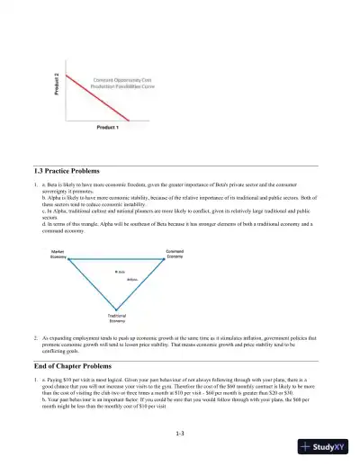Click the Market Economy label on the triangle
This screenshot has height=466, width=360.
pos(64,254)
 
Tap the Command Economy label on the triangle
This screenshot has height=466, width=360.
pos(176,254)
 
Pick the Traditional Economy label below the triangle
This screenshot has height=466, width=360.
pos(117,318)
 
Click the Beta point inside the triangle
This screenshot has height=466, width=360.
pos(119,271)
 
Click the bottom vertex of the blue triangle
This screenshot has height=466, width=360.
pos(117,309)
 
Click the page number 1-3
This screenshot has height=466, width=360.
pos(180,435)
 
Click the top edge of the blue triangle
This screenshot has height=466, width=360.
pos(117,262)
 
